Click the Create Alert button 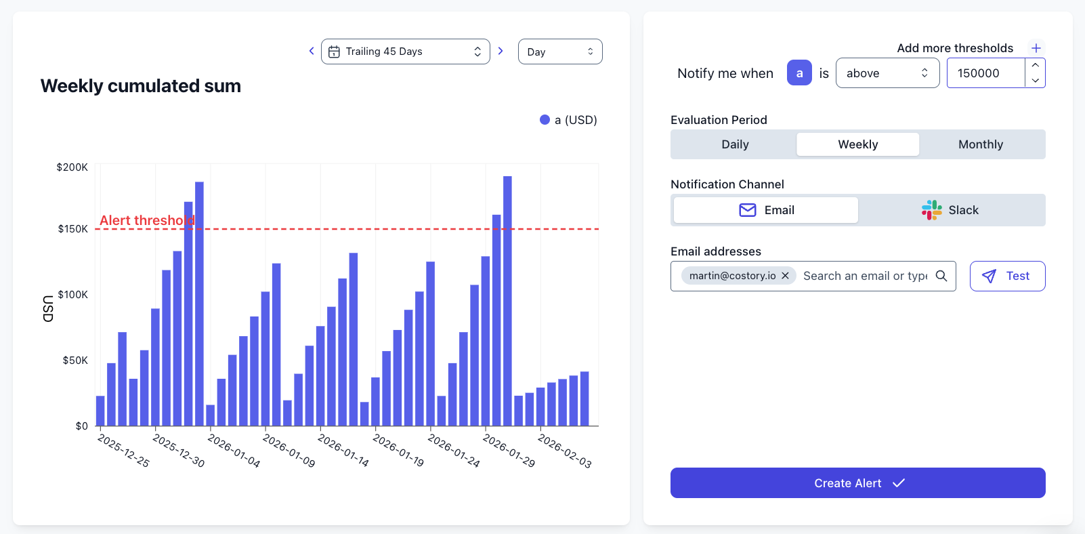tap(857, 482)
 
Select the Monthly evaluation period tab tap(980, 144)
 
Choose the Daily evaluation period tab tap(735, 144)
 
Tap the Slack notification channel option tap(950, 210)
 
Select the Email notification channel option tap(766, 210)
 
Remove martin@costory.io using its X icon tap(785, 276)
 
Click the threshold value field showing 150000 tap(985, 73)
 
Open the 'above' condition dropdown tap(887, 73)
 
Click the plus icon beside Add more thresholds tap(1036, 48)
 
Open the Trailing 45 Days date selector tap(405, 52)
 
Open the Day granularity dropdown tap(559, 52)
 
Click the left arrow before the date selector tap(312, 51)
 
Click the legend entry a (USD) tap(568, 120)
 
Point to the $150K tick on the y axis tap(73, 229)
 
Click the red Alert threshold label tap(147, 220)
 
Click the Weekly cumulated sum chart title tap(141, 86)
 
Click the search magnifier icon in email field tap(941, 276)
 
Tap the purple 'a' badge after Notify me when tap(799, 73)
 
